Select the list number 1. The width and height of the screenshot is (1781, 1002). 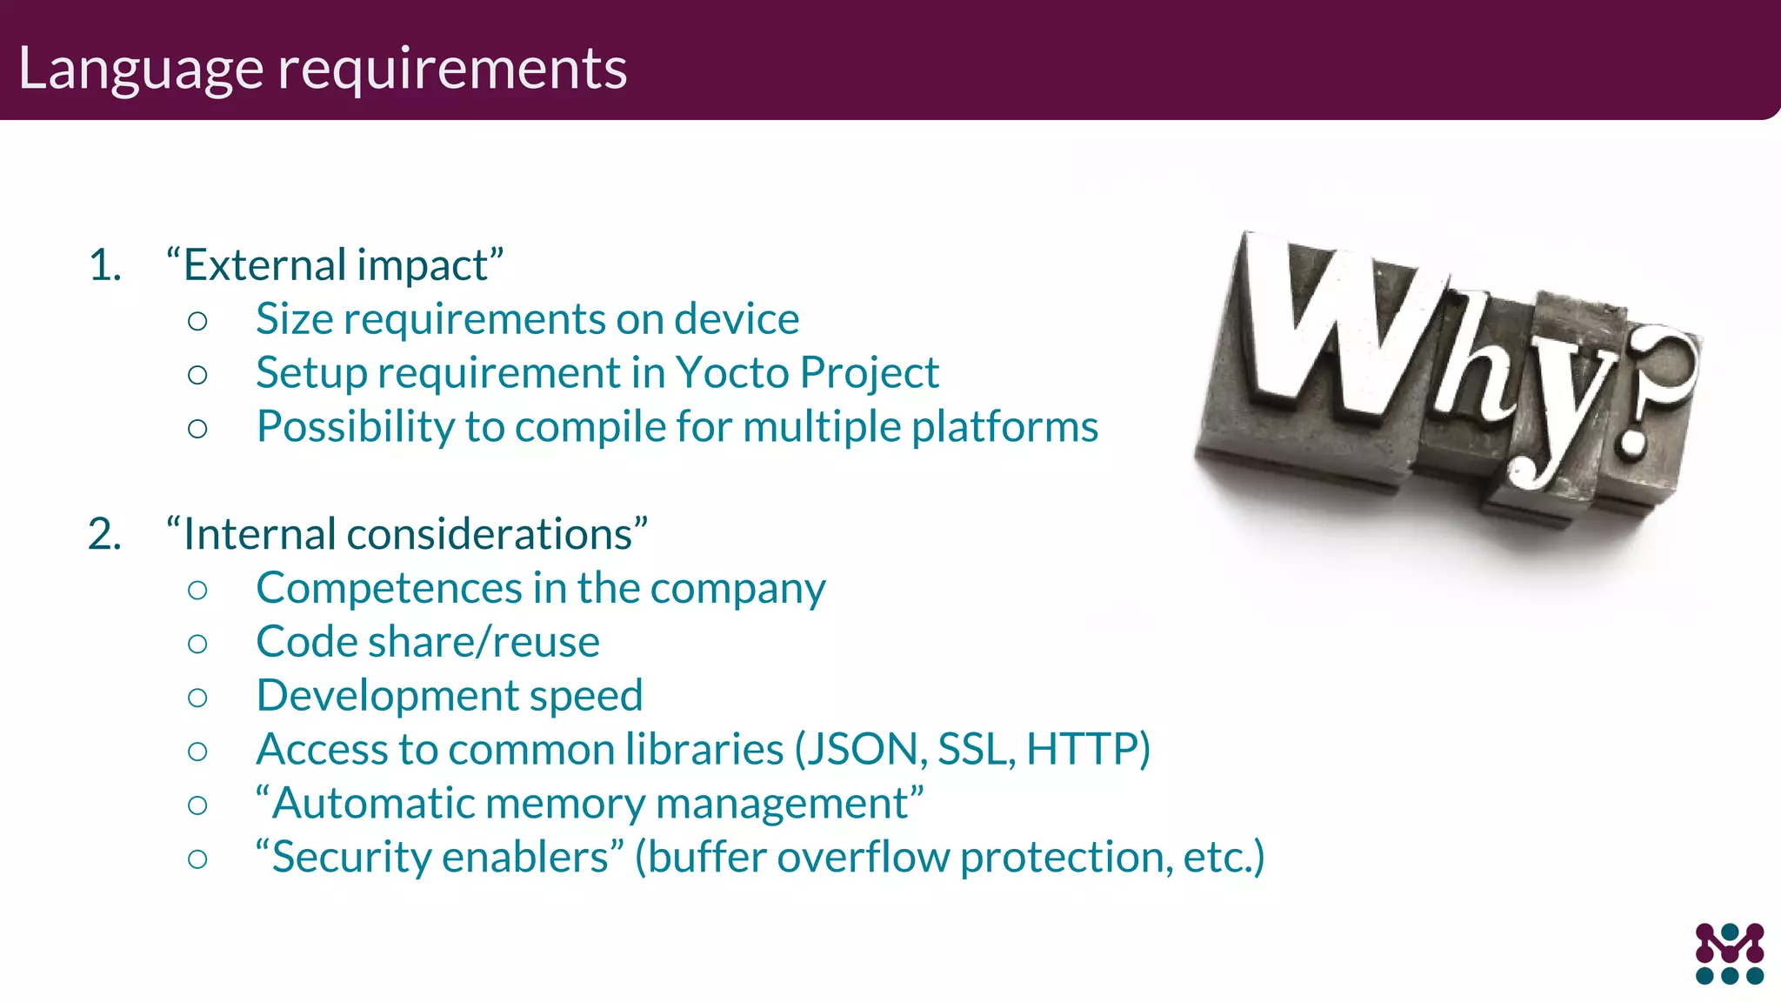pos(104,265)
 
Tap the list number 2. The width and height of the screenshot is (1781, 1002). pos(104,534)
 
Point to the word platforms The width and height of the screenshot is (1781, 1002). pos(1004,428)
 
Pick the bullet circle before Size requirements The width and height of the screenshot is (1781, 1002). pos(197,321)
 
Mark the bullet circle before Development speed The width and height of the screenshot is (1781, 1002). pos(197,698)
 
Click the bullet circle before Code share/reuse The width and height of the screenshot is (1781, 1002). pos(197,644)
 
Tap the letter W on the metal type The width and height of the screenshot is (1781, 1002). pos(1331,331)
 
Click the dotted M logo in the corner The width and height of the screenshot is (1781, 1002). pos(1729,953)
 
